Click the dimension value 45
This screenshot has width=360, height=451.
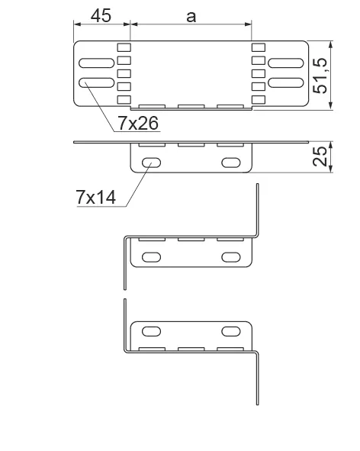tap(101, 16)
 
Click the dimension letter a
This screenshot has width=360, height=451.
tap(191, 18)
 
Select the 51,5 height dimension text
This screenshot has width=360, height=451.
tap(320, 76)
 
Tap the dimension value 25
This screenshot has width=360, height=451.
tap(320, 156)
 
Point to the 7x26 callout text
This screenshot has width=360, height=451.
tap(138, 124)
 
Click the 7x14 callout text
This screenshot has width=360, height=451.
tap(96, 198)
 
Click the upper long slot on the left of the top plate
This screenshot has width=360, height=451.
tap(97, 63)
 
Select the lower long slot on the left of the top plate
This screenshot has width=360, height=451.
tap(97, 83)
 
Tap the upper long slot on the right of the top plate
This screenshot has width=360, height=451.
tap(286, 63)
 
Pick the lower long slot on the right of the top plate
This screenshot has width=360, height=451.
tap(286, 83)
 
